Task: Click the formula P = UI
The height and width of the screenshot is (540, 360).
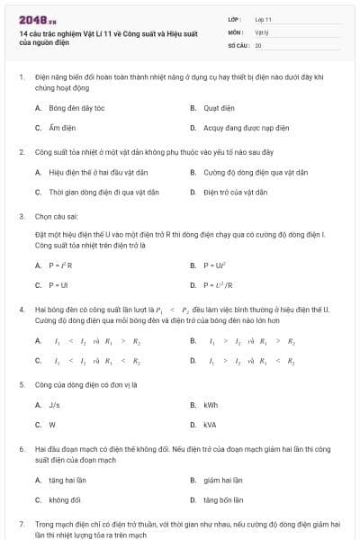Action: (x=57, y=285)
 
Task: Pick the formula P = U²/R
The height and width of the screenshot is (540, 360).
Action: (x=218, y=285)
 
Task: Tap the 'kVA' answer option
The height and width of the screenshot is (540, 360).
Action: (x=210, y=425)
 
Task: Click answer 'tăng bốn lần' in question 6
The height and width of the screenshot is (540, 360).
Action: (x=222, y=499)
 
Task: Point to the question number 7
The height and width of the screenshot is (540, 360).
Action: (x=22, y=523)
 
